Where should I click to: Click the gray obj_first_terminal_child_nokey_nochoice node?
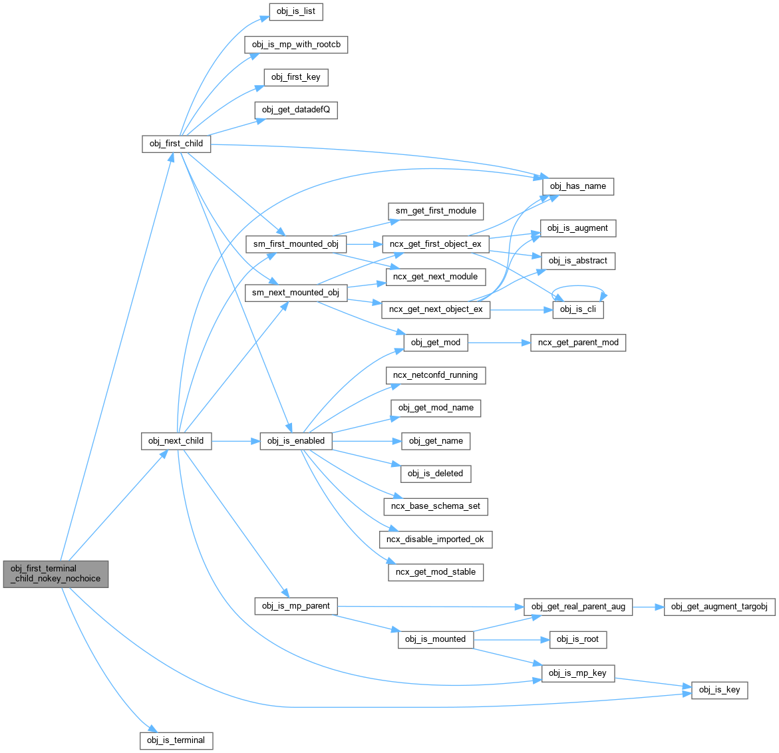tap(56, 573)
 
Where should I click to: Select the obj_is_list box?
tap(296, 12)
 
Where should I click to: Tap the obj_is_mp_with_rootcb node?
tap(296, 45)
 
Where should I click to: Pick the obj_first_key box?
tap(296, 77)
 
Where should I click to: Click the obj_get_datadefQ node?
tap(296, 110)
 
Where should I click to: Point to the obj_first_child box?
tap(176, 144)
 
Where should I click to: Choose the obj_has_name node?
tap(577, 186)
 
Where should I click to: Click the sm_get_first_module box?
tap(436, 211)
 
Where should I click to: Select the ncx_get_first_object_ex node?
tap(436, 244)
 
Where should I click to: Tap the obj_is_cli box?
tap(577, 309)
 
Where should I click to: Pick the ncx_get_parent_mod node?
tap(578, 343)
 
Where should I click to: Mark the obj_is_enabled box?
tap(296, 441)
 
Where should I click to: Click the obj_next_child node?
tap(176, 441)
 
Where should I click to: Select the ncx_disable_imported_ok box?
tap(435, 539)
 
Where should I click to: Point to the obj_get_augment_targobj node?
tap(719, 607)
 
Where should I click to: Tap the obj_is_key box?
tap(719, 690)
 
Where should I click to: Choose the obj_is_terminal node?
tap(176, 740)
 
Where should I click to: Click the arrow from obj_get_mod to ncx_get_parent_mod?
tap(499, 343)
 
